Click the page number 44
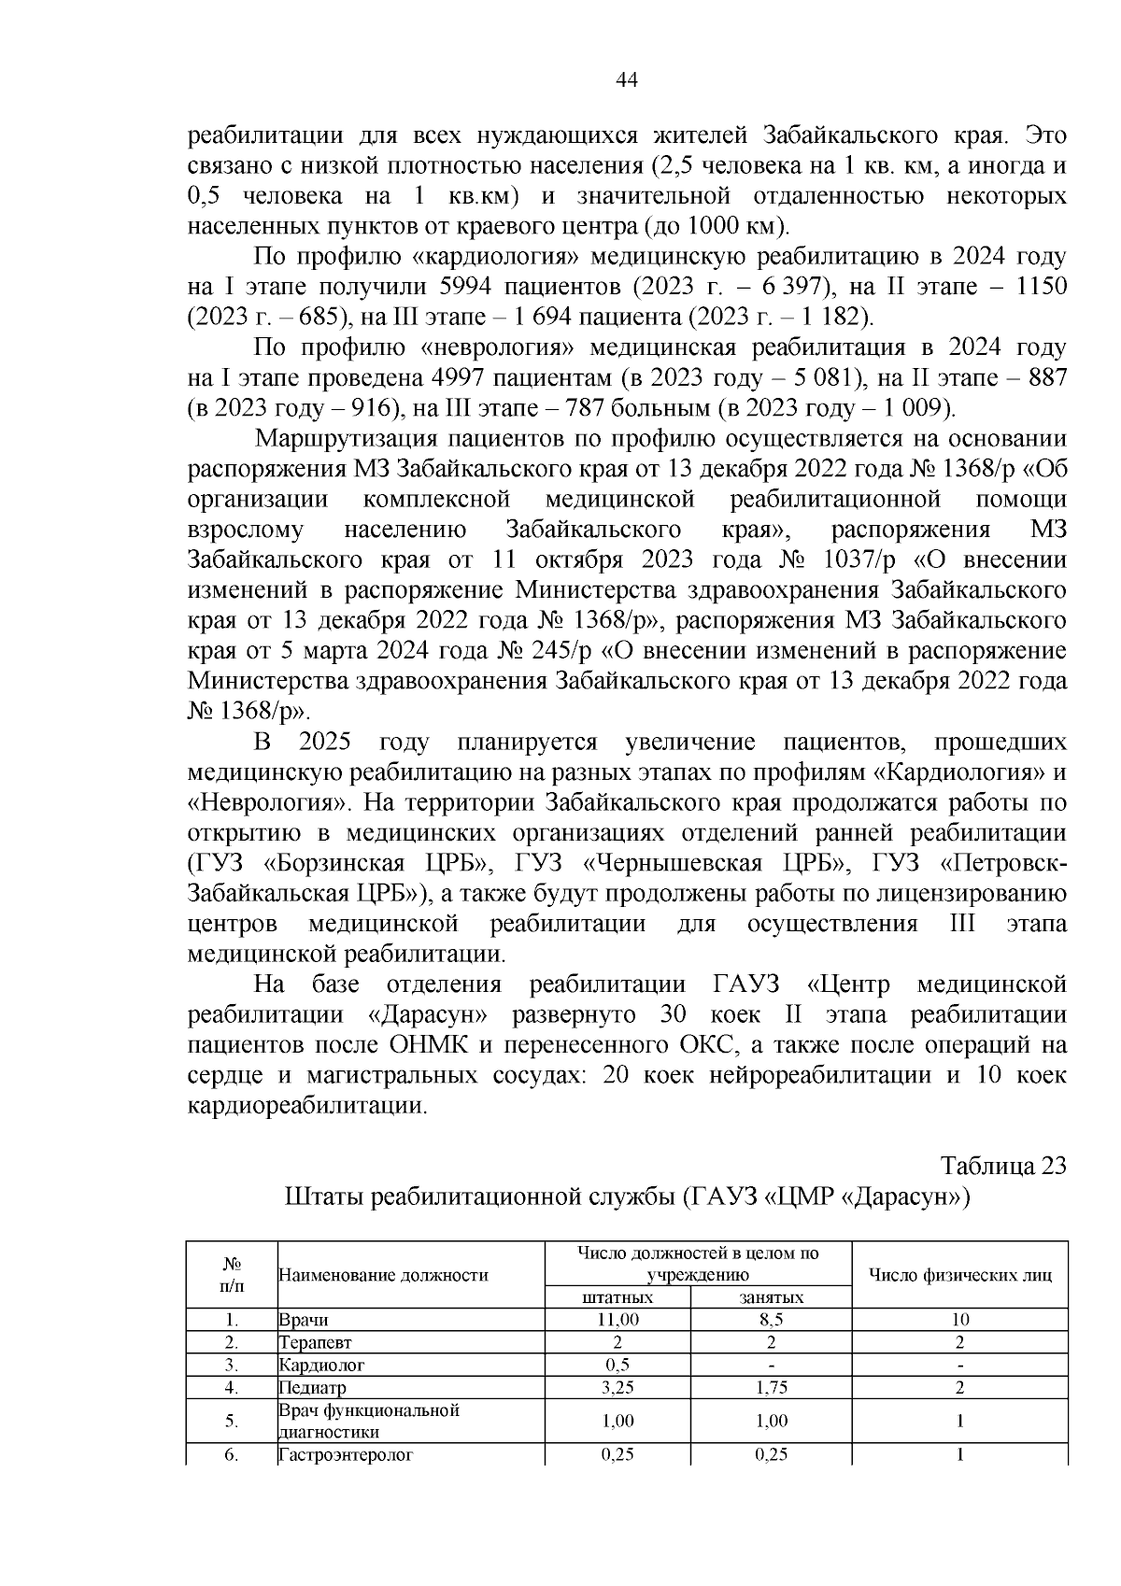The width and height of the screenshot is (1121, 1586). click(627, 81)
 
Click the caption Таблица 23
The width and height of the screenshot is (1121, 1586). click(1002, 1167)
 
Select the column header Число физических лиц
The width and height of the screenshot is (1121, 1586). click(960, 1275)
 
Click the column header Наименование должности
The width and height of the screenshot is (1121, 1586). click(384, 1275)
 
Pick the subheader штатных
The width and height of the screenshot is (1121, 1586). click(617, 1297)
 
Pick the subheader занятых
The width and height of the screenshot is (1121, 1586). click(771, 1297)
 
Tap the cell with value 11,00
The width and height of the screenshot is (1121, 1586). click(617, 1320)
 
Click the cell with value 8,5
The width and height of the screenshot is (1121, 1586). click(771, 1320)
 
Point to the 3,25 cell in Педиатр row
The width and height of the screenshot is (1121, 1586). click(617, 1387)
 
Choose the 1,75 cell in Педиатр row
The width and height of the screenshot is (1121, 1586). click(771, 1387)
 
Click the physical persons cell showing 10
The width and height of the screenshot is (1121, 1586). click(960, 1320)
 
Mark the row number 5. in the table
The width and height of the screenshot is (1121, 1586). click(232, 1421)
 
